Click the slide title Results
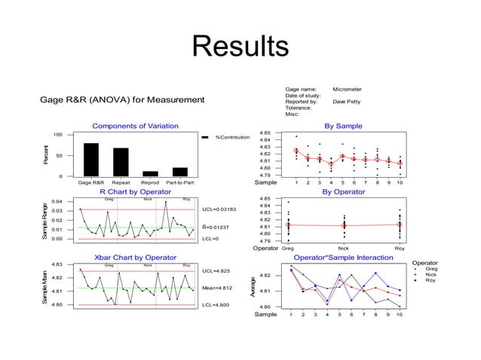(240, 46)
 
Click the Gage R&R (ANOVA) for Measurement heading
(122, 99)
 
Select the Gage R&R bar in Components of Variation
(90, 159)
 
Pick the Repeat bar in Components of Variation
(121, 161)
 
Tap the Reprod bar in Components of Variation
(150, 173)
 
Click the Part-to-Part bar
(179, 172)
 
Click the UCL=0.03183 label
(219, 209)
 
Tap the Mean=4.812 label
(218, 288)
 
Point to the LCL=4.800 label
(216, 305)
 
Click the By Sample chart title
(343, 126)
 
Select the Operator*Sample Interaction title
(343, 258)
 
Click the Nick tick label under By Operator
(343, 248)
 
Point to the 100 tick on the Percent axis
(57, 135)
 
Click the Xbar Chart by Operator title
(135, 258)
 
